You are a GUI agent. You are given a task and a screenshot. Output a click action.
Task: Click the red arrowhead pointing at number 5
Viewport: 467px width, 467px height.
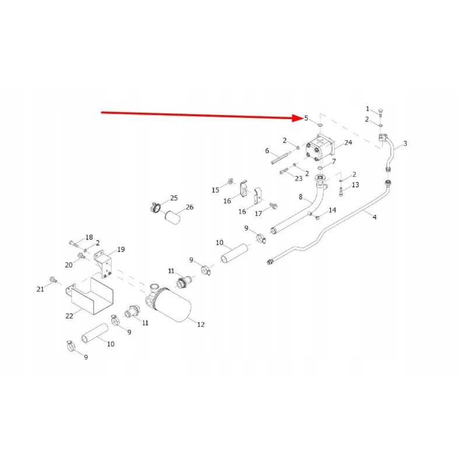point(297,118)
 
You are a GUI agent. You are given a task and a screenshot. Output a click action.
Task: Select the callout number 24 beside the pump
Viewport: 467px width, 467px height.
point(348,142)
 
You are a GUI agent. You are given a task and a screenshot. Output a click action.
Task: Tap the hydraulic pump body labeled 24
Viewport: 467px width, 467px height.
point(320,148)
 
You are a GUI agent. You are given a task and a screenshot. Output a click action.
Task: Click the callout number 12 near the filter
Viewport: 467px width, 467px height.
point(201,325)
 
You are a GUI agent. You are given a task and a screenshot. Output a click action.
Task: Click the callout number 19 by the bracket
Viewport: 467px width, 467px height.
point(121,249)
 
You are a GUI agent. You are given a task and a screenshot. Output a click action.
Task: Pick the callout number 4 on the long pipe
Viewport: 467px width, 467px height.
point(374,217)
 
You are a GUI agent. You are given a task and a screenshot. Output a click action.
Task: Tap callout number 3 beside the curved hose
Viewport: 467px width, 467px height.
point(405,143)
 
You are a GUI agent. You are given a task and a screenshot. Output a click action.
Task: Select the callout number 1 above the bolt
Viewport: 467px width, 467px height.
point(367,109)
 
